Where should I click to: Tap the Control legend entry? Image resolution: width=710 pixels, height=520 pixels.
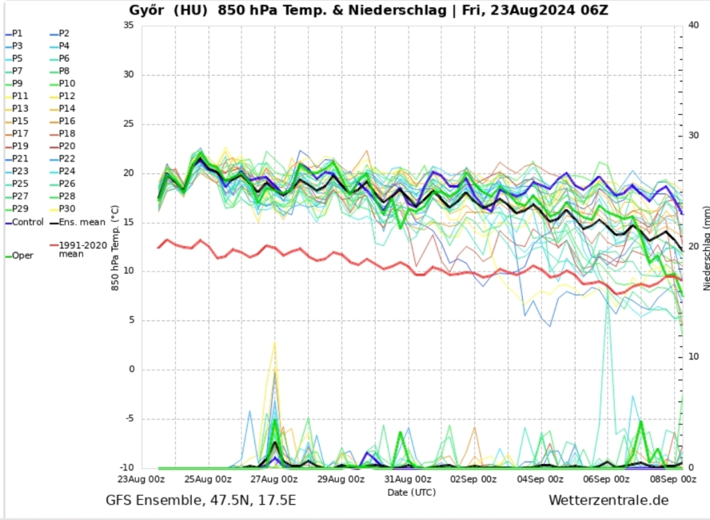[x=27, y=222]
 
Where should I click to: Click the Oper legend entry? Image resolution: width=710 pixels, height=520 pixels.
[x=22, y=256]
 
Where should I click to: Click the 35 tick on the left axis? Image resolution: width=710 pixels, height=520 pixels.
[x=128, y=25]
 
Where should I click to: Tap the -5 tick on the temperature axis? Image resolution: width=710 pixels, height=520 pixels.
[x=130, y=419]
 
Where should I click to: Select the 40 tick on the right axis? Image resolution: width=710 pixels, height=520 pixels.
[x=694, y=25]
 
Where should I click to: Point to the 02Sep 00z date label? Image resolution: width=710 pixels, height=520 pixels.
[x=474, y=479]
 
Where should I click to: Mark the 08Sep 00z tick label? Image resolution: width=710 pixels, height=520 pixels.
[x=673, y=479]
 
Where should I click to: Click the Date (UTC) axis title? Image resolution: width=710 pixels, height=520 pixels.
[x=412, y=492]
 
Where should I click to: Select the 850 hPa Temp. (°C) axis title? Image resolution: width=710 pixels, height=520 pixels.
[x=115, y=248]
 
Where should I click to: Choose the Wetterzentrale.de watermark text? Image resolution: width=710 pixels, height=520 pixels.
[x=608, y=500]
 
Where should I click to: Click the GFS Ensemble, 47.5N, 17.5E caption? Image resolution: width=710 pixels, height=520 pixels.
[x=200, y=500]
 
